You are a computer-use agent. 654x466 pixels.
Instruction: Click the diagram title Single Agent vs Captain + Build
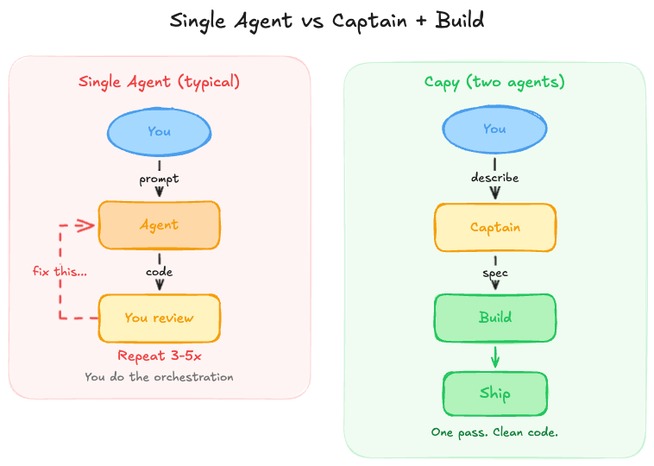(326, 21)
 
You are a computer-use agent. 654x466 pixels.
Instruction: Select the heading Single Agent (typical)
(159, 82)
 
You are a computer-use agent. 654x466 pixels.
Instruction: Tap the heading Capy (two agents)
(494, 82)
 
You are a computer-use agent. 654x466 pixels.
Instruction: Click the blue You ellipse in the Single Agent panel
(159, 131)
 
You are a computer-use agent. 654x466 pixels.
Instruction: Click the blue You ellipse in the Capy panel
(494, 129)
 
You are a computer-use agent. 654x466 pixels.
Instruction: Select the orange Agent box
(159, 224)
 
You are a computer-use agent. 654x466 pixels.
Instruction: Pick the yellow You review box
(159, 318)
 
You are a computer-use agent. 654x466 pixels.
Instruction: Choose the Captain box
(494, 227)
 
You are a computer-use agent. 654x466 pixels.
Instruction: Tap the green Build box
(494, 317)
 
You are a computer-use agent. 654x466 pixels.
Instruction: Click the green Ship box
(494, 394)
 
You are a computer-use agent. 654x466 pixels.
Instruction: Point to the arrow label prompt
(159, 179)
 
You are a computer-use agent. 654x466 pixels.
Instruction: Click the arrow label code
(159, 271)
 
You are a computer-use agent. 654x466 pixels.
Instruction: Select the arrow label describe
(494, 178)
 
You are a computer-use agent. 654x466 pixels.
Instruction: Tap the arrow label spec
(494, 273)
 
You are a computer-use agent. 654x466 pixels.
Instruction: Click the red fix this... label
(60, 271)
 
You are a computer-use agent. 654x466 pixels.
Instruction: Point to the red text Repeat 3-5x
(159, 356)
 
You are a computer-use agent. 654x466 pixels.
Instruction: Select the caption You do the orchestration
(159, 376)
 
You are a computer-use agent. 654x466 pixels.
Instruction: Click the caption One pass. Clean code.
(494, 431)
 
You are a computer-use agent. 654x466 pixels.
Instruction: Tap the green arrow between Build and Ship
(494, 356)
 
